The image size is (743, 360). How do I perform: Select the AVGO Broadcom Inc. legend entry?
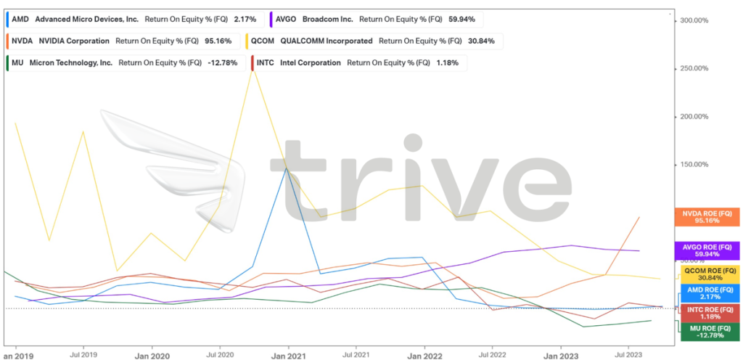click(377, 20)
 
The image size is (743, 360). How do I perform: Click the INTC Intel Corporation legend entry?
click(359, 63)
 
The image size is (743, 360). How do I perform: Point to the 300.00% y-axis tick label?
click(693, 20)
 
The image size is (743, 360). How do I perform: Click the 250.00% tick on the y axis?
click(693, 69)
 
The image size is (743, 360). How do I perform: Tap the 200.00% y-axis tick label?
click(693, 117)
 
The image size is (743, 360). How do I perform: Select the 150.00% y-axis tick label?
click(693, 165)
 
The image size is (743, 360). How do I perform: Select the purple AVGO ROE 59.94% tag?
click(707, 250)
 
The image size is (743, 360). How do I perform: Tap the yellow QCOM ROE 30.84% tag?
click(710, 274)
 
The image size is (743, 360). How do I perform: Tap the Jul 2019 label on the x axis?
click(83, 356)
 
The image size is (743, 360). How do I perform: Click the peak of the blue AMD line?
click(286, 168)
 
